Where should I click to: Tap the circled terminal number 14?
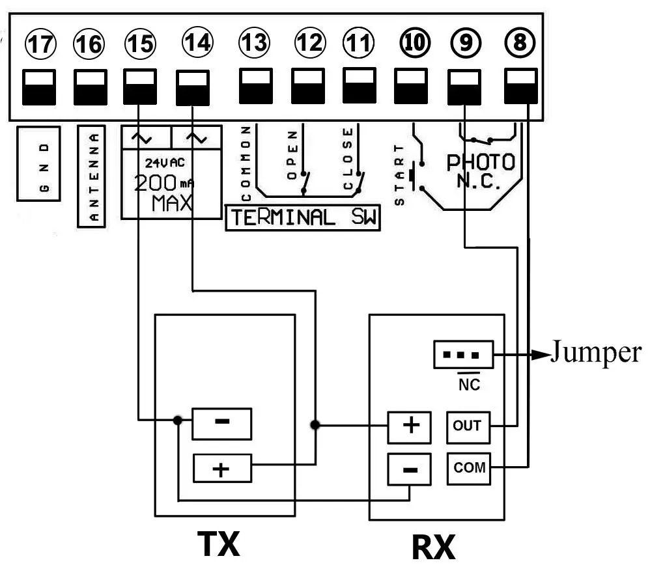pos(197,43)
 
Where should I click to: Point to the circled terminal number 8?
pos(520,43)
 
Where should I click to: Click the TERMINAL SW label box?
pos(302,217)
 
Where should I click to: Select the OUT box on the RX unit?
pos(467,426)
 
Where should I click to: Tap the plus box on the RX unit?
pos(410,426)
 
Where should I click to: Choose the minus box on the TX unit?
pos(221,422)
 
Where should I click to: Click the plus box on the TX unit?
pos(222,469)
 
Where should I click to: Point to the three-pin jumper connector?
pos(463,355)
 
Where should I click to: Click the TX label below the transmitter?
pos(218,544)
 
